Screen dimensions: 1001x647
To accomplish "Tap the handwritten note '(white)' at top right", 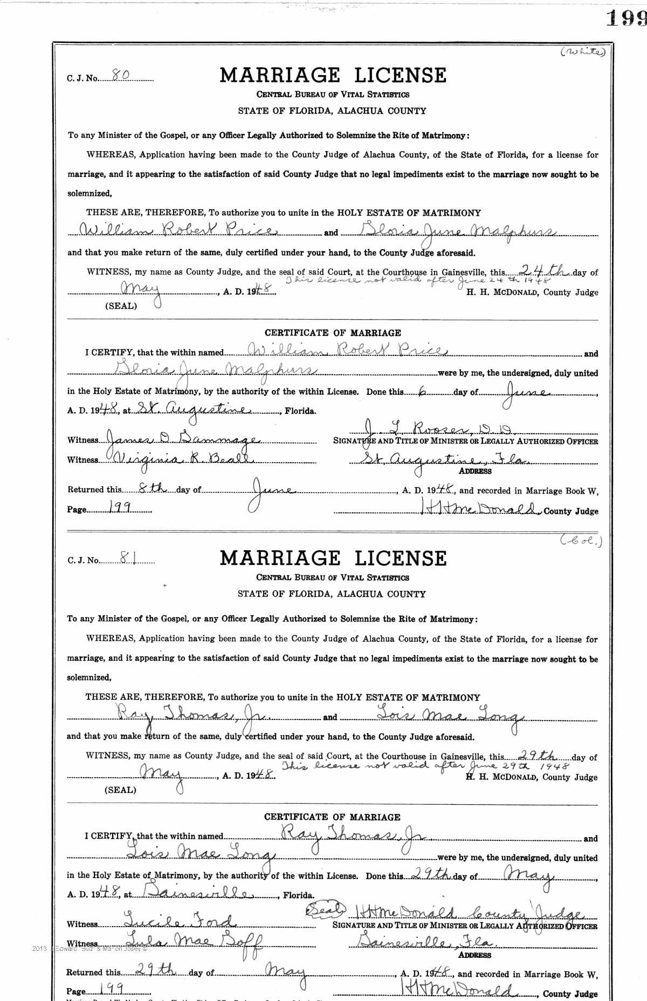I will click(582, 52).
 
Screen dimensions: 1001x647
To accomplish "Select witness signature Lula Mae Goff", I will click(192, 942).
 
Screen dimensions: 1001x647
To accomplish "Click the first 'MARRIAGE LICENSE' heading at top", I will click(333, 75).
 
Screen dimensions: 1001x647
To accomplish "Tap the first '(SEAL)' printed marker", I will click(121, 306).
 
